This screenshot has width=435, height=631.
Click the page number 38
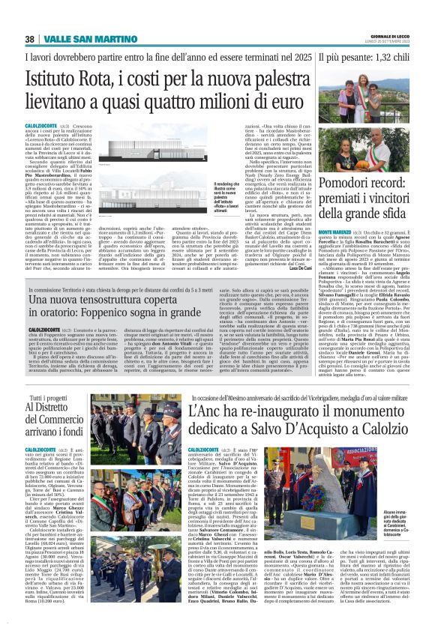coord(31,39)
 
